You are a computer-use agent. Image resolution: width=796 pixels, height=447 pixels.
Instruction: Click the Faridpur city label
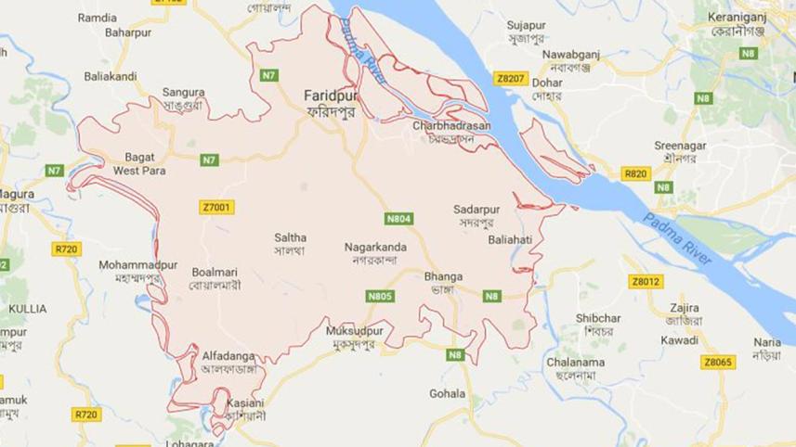point(330,96)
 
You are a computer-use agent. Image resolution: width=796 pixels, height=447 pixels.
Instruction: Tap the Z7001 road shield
point(215,207)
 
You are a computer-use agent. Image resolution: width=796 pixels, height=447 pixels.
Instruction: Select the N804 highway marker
point(399,219)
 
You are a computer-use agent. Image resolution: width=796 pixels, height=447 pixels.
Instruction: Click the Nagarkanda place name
point(376,248)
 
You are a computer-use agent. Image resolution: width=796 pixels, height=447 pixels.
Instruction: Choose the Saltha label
point(290,238)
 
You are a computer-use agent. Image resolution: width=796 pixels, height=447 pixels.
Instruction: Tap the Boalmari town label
point(215,272)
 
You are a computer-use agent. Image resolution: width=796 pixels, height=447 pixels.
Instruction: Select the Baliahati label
point(510,239)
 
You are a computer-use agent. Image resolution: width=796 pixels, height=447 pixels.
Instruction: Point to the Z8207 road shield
point(511,79)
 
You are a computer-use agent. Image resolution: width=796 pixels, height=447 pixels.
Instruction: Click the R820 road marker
point(635,173)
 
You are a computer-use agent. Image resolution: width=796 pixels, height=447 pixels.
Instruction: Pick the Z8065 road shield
point(717,363)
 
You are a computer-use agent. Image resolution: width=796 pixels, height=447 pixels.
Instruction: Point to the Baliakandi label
point(111,76)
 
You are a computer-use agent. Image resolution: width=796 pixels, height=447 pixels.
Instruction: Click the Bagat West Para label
point(139,164)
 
